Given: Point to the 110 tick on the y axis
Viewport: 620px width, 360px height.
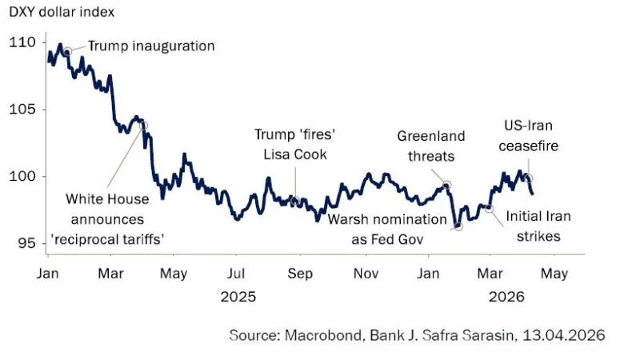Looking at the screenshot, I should coord(22,42).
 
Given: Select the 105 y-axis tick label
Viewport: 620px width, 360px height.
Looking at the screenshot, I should coord(22,110).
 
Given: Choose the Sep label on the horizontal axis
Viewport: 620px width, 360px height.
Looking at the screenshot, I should coord(299,274).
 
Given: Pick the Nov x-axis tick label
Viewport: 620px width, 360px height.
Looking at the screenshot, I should coord(366,274).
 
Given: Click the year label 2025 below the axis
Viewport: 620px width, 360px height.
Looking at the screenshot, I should coord(238,297).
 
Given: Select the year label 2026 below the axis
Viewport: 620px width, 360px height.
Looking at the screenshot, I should coord(506,297).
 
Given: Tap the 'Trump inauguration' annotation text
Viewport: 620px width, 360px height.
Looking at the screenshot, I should coord(151,46).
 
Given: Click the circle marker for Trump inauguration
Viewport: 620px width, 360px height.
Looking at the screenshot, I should coord(67,50).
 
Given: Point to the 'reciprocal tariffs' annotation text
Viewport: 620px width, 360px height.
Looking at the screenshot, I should coord(117,238).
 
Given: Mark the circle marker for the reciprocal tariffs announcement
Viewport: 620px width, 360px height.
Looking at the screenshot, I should coord(143,126).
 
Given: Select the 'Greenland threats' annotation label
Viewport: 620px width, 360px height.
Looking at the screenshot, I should coord(431,146).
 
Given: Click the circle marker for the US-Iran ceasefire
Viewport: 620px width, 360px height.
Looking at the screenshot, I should coord(529,178).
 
